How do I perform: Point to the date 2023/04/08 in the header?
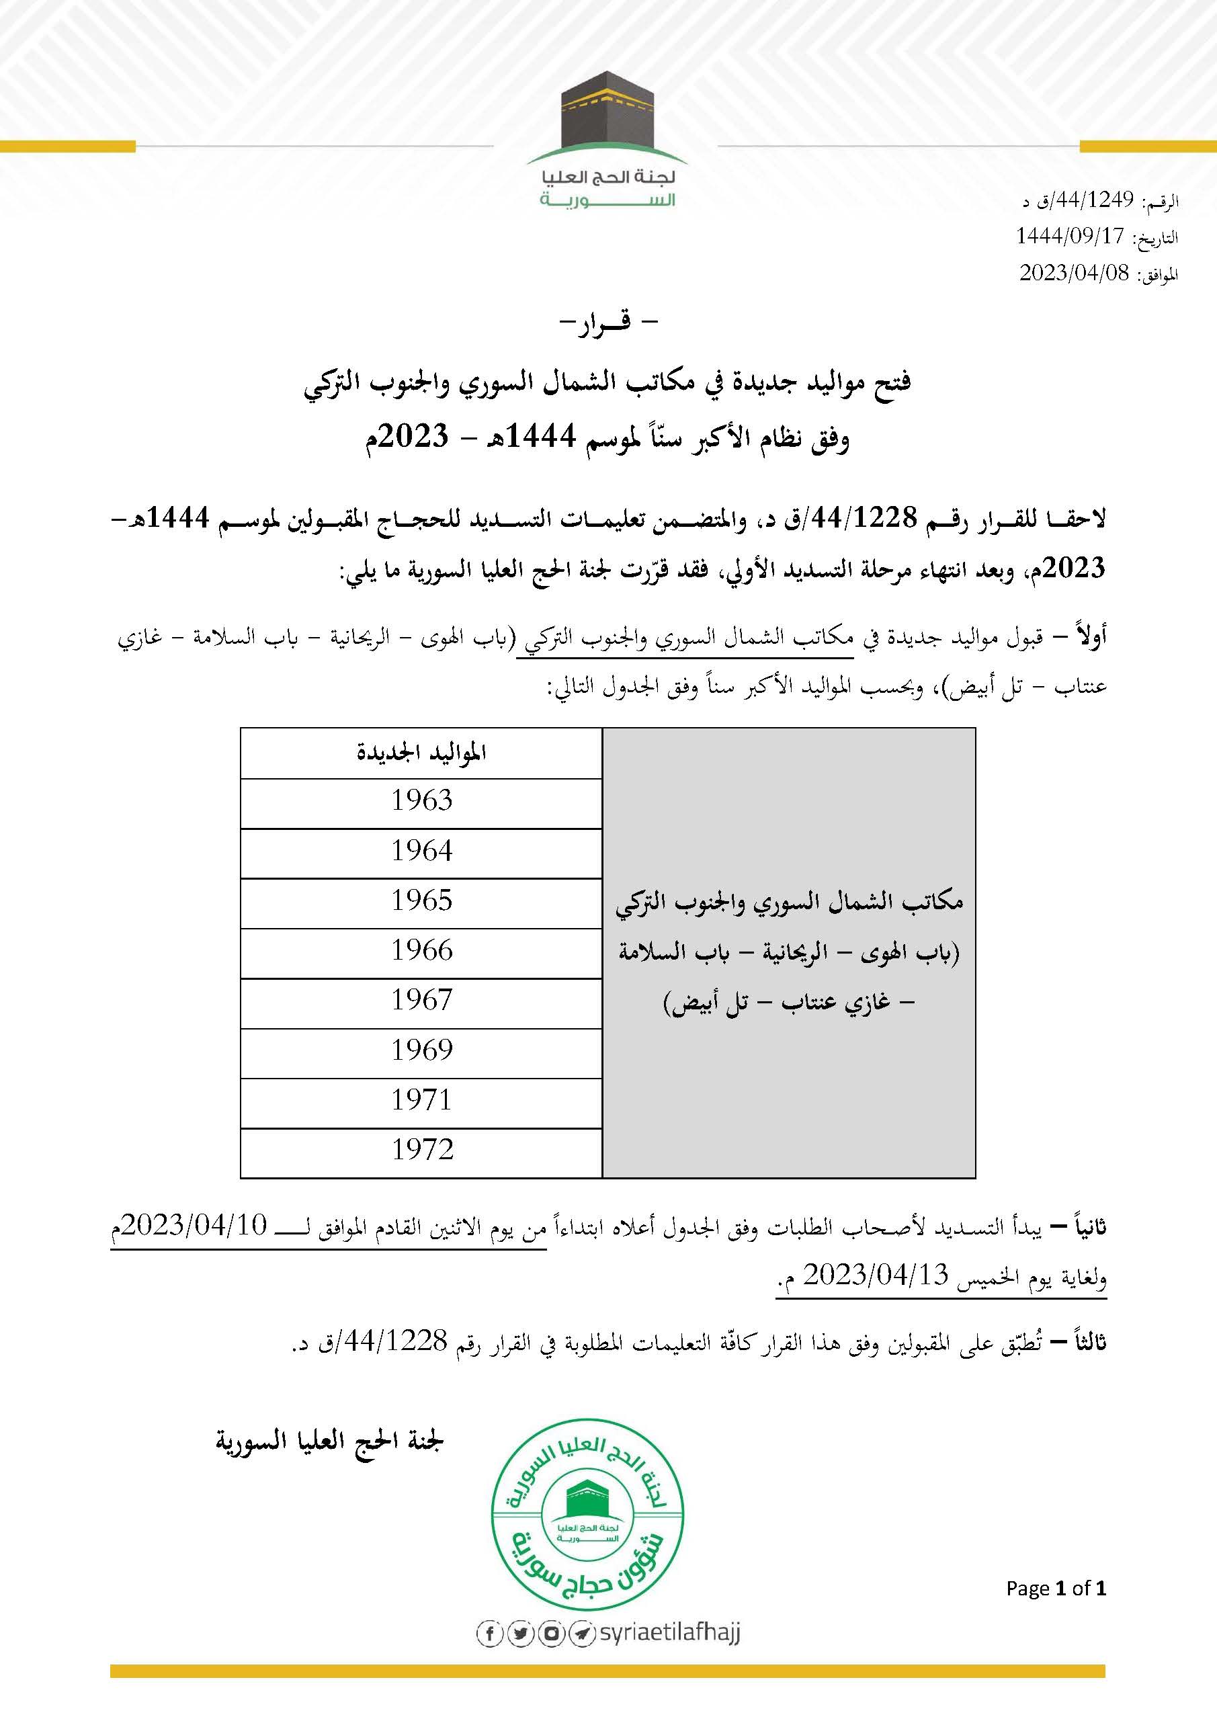click(1073, 273)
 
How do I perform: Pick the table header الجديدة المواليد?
click(421, 753)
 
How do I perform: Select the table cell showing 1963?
click(421, 801)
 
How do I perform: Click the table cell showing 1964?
click(421, 851)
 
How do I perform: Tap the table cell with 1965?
click(421, 901)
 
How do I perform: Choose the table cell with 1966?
click(421, 951)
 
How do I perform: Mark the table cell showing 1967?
click(421, 1001)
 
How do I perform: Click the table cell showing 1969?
click(421, 1051)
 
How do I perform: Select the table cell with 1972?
click(421, 1150)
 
